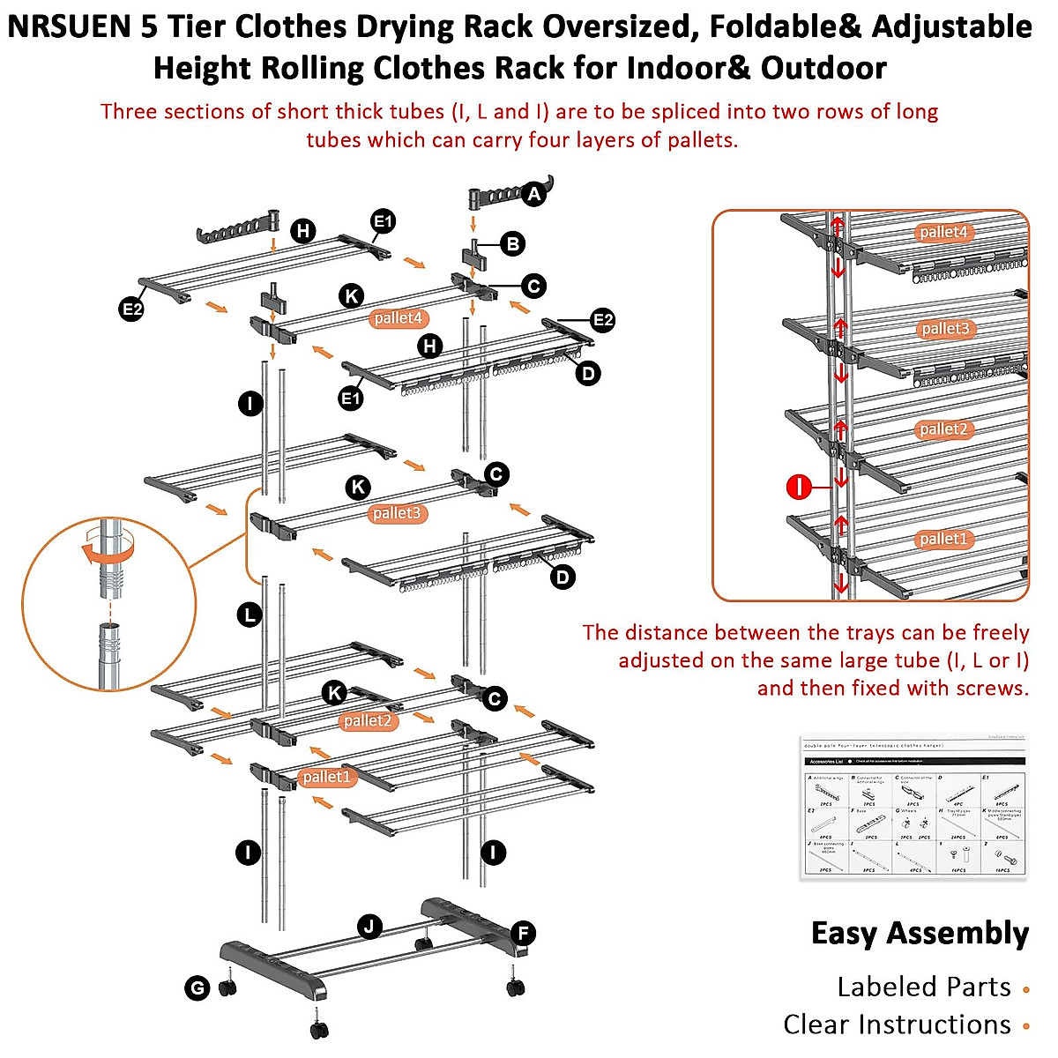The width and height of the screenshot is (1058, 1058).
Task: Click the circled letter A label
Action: click(533, 194)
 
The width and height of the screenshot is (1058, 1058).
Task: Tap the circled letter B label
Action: click(512, 244)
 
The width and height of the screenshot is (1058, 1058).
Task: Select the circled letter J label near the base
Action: click(370, 927)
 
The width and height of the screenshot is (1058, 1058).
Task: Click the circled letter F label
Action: click(523, 934)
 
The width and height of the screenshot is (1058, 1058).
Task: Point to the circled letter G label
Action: click(197, 988)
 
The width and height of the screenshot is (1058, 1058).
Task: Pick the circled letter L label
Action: click(250, 615)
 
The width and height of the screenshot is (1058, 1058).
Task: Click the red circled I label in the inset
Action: click(798, 487)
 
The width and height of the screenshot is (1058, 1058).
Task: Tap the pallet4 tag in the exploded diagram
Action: click(398, 318)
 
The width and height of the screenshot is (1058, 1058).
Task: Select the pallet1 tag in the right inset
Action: click(943, 539)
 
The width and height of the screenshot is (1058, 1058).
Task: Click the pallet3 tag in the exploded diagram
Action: click(397, 513)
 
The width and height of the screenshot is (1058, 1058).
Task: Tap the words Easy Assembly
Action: click(920, 933)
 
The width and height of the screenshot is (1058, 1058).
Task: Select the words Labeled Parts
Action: click(923, 987)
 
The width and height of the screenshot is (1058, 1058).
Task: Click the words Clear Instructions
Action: click(896, 1024)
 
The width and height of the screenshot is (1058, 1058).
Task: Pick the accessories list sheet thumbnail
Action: click(914, 807)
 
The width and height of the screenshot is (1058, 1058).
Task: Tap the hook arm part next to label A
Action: click(501, 193)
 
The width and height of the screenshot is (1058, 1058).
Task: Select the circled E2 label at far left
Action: click(131, 309)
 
